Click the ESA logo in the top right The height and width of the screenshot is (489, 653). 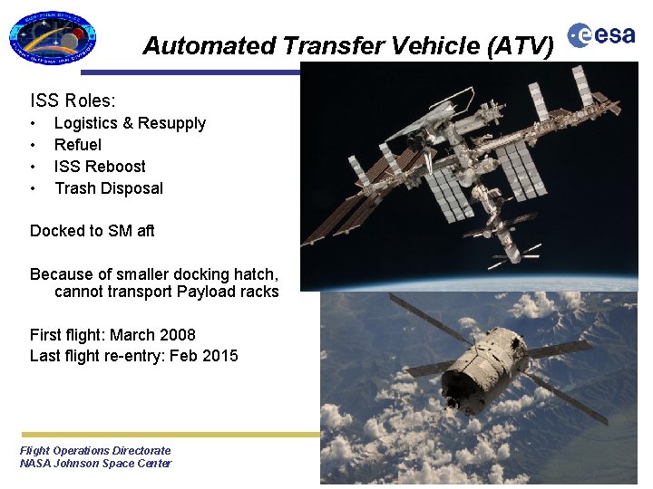click(x=601, y=35)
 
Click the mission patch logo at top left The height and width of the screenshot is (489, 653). click(x=53, y=38)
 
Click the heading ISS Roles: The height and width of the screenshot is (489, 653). click(x=73, y=101)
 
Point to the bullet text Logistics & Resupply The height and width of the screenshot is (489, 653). click(x=130, y=123)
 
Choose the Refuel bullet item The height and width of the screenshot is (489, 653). click(x=78, y=145)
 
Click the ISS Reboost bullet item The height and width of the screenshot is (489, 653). click(x=100, y=167)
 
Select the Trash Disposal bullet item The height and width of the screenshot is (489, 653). click(x=109, y=188)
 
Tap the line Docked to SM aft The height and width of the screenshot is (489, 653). click(x=93, y=231)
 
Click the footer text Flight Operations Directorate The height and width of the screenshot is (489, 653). click(x=95, y=450)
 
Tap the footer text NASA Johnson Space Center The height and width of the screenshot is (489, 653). click(x=95, y=464)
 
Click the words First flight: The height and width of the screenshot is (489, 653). click(x=67, y=335)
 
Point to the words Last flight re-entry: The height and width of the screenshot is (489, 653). click(x=89, y=356)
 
